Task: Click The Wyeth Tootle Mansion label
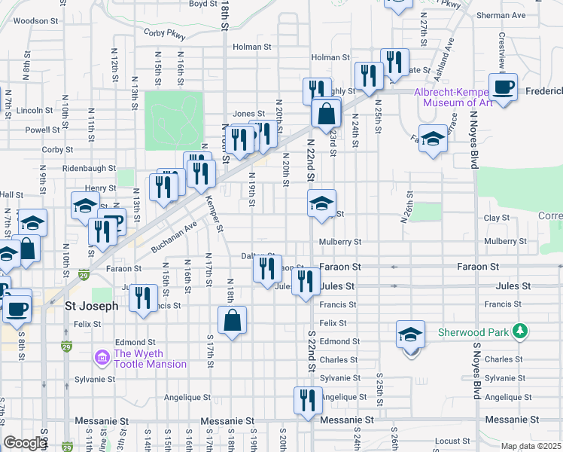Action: (150, 359)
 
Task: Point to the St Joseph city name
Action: (91, 307)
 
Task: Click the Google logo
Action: (25, 443)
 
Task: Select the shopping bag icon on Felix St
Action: (233, 319)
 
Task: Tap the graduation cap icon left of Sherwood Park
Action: (410, 334)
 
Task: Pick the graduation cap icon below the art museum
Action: (433, 139)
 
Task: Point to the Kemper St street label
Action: (214, 215)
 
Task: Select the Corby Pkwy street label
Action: (164, 33)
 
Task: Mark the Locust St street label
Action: (452, 440)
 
